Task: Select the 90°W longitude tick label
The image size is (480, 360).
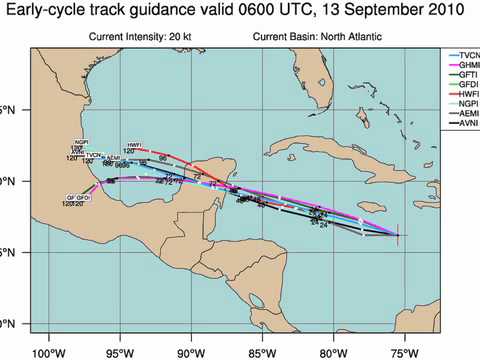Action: [190, 351]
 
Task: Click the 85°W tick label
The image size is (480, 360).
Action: [262, 351]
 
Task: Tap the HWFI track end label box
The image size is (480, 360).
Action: [129, 145]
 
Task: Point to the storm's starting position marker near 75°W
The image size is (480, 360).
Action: [397, 235]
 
